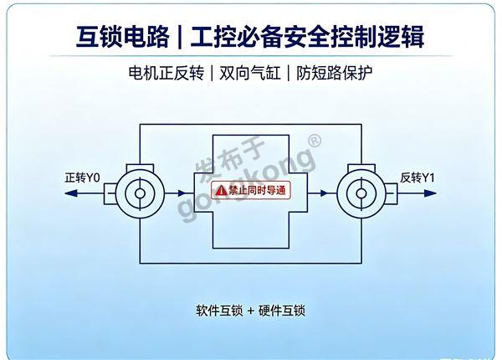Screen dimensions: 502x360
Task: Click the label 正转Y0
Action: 82,177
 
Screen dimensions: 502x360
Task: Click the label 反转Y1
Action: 417,177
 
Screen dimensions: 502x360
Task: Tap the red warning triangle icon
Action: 221,191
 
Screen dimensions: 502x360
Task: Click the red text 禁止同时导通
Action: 257,191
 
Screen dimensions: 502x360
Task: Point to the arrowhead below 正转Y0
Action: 71,193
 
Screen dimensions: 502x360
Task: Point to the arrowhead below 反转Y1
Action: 430,193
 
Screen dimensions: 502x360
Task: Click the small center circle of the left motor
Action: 140,193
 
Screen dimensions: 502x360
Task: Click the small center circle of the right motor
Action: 361,193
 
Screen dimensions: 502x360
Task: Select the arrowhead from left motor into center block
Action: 182,193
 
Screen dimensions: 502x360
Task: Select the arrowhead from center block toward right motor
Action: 325,193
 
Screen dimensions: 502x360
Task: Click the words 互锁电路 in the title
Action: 123,37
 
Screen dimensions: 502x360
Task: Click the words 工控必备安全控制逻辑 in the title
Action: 307,37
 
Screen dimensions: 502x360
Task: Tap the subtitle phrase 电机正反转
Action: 166,73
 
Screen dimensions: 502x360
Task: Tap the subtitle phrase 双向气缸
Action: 250,73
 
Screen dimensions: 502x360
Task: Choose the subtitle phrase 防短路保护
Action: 334,73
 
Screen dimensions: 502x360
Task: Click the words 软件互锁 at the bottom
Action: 219,311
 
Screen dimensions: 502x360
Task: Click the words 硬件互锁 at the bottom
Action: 282,311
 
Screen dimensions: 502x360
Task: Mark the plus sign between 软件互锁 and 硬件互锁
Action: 250,311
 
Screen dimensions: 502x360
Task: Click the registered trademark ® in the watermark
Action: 315,141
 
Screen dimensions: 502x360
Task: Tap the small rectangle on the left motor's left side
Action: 110,193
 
